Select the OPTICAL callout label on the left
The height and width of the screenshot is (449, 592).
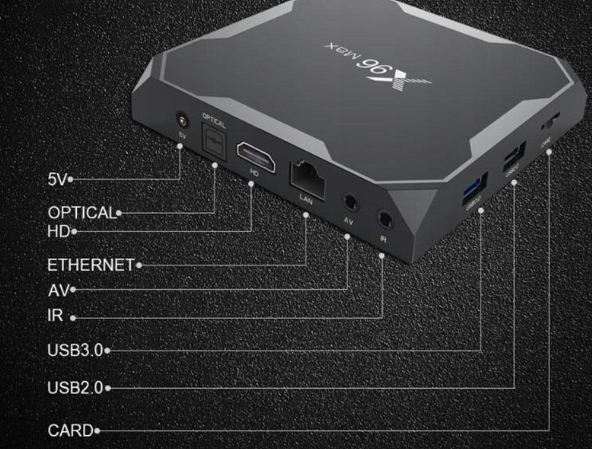tap(81, 212)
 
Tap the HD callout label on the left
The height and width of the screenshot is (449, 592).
tap(58, 231)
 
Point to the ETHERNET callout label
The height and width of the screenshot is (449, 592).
tap(90, 264)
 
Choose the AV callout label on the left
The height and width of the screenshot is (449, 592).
tap(59, 290)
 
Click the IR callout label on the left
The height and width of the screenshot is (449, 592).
tap(55, 316)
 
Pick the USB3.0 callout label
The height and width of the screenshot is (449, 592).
tap(75, 350)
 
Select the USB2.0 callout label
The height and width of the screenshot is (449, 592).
tap(75, 387)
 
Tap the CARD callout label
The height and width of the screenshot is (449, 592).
tap(71, 431)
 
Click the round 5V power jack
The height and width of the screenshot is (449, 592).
tap(183, 120)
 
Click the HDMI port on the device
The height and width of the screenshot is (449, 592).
tap(256, 157)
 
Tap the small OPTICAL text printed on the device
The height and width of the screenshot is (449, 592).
tap(213, 119)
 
